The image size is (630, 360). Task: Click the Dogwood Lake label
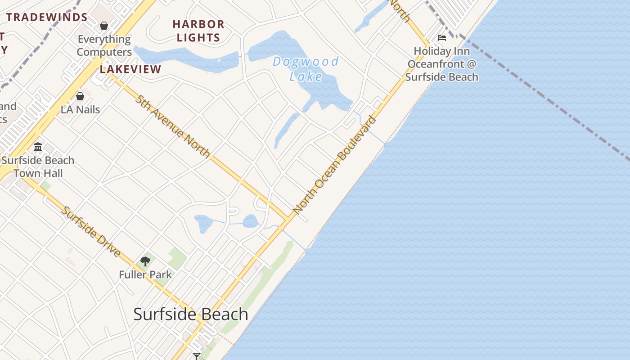(x=306, y=69)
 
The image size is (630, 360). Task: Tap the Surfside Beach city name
(x=191, y=314)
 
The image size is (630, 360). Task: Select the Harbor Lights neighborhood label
(x=198, y=31)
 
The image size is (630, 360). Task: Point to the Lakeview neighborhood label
(x=130, y=69)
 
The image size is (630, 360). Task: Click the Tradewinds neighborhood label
(x=47, y=18)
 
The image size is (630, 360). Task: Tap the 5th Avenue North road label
(x=173, y=126)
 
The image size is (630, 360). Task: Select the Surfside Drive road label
(x=91, y=232)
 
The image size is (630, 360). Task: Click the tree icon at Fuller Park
(x=145, y=261)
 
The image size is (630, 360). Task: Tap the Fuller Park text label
(x=145, y=274)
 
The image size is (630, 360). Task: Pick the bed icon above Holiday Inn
(x=442, y=38)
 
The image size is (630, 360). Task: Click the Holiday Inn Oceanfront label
(x=441, y=64)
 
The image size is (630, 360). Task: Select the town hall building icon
(x=38, y=147)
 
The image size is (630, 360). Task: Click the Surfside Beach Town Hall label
(x=38, y=166)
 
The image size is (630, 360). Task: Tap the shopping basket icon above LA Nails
(x=80, y=96)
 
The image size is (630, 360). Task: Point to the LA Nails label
(x=80, y=109)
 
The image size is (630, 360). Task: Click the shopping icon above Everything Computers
(x=104, y=26)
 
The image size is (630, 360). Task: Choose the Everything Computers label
(x=104, y=45)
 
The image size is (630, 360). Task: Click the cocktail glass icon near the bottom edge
(x=196, y=356)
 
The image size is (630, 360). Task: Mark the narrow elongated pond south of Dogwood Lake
(x=286, y=130)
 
